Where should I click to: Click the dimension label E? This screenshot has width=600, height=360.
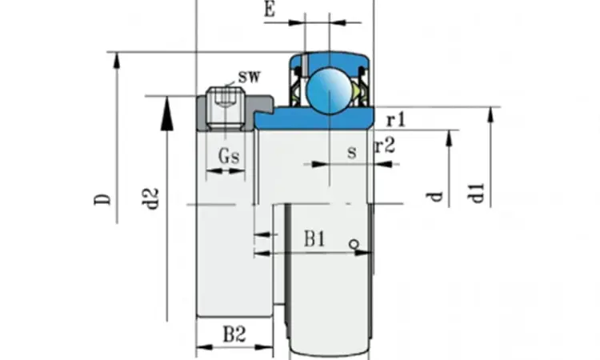pyautogui.click(x=270, y=9)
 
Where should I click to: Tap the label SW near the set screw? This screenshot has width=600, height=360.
pyautogui.click(x=249, y=77)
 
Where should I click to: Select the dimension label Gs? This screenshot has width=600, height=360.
pyautogui.click(x=229, y=156)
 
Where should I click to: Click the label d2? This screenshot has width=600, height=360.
pyautogui.click(x=150, y=198)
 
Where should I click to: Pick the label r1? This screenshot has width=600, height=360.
pyautogui.click(x=396, y=120)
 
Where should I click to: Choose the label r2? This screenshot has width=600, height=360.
pyautogui.click(x=385, y=146)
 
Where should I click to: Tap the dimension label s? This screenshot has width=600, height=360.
pyautogui.click(x=352, y=152)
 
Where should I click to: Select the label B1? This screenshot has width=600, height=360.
pyautogui.click(x=314, y=239)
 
